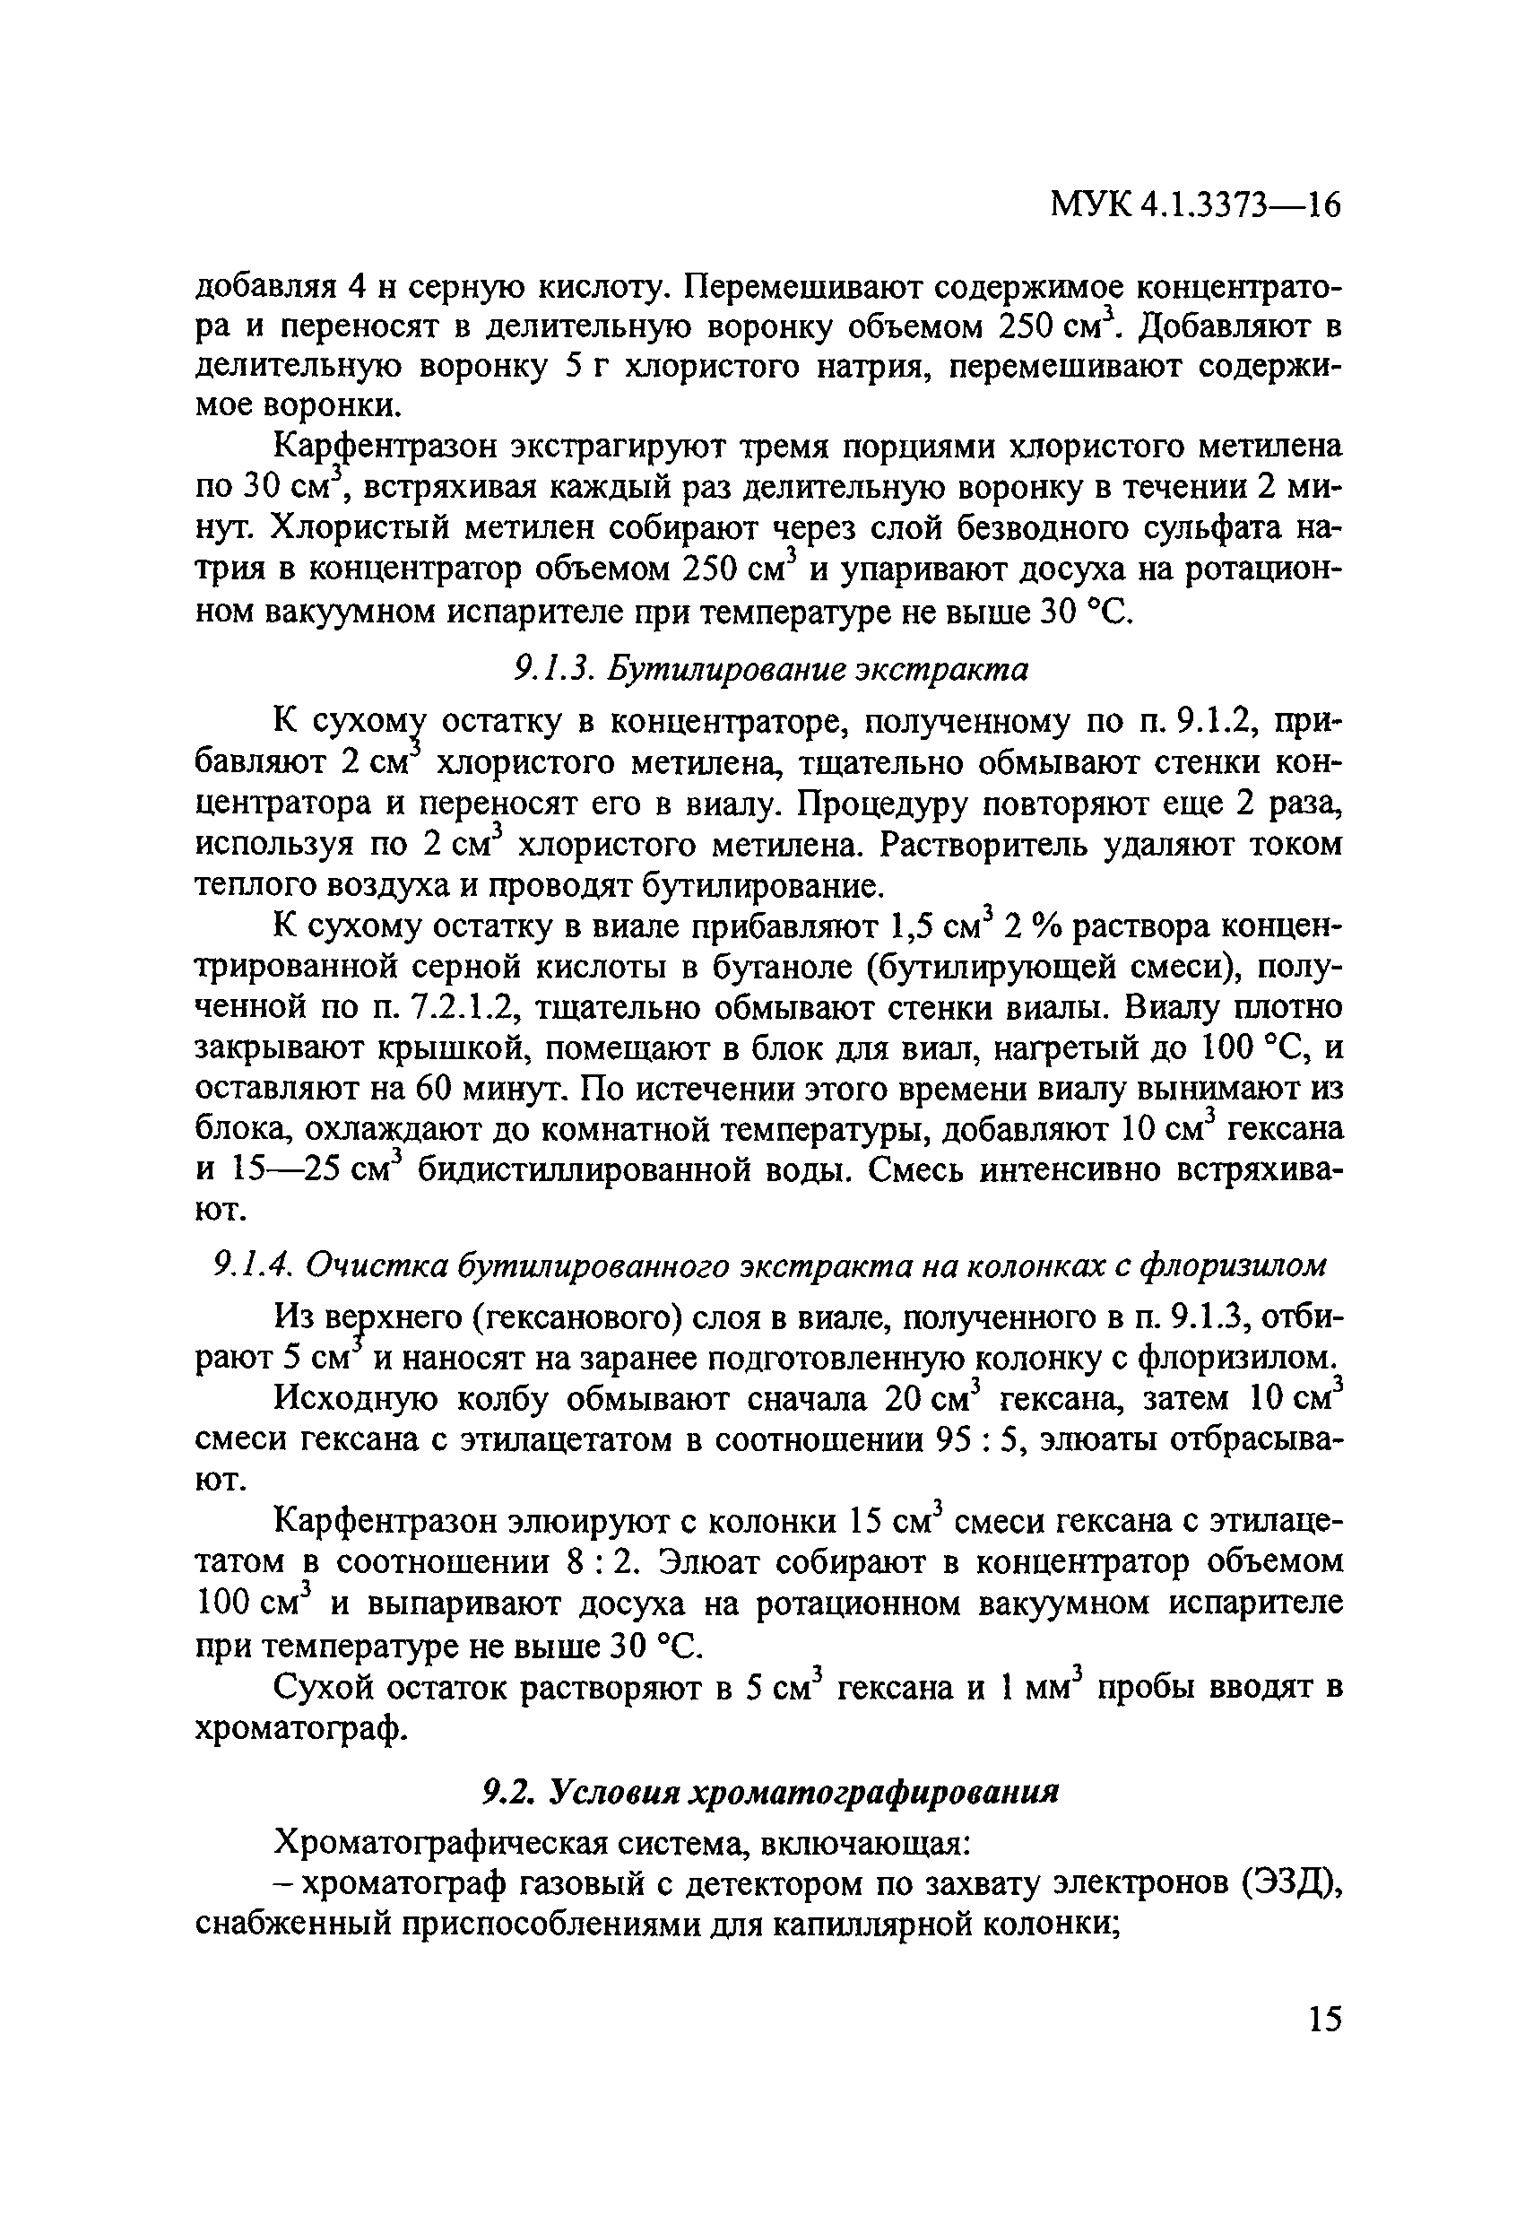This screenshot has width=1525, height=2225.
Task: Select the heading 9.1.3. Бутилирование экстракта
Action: [x=771, y=669]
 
